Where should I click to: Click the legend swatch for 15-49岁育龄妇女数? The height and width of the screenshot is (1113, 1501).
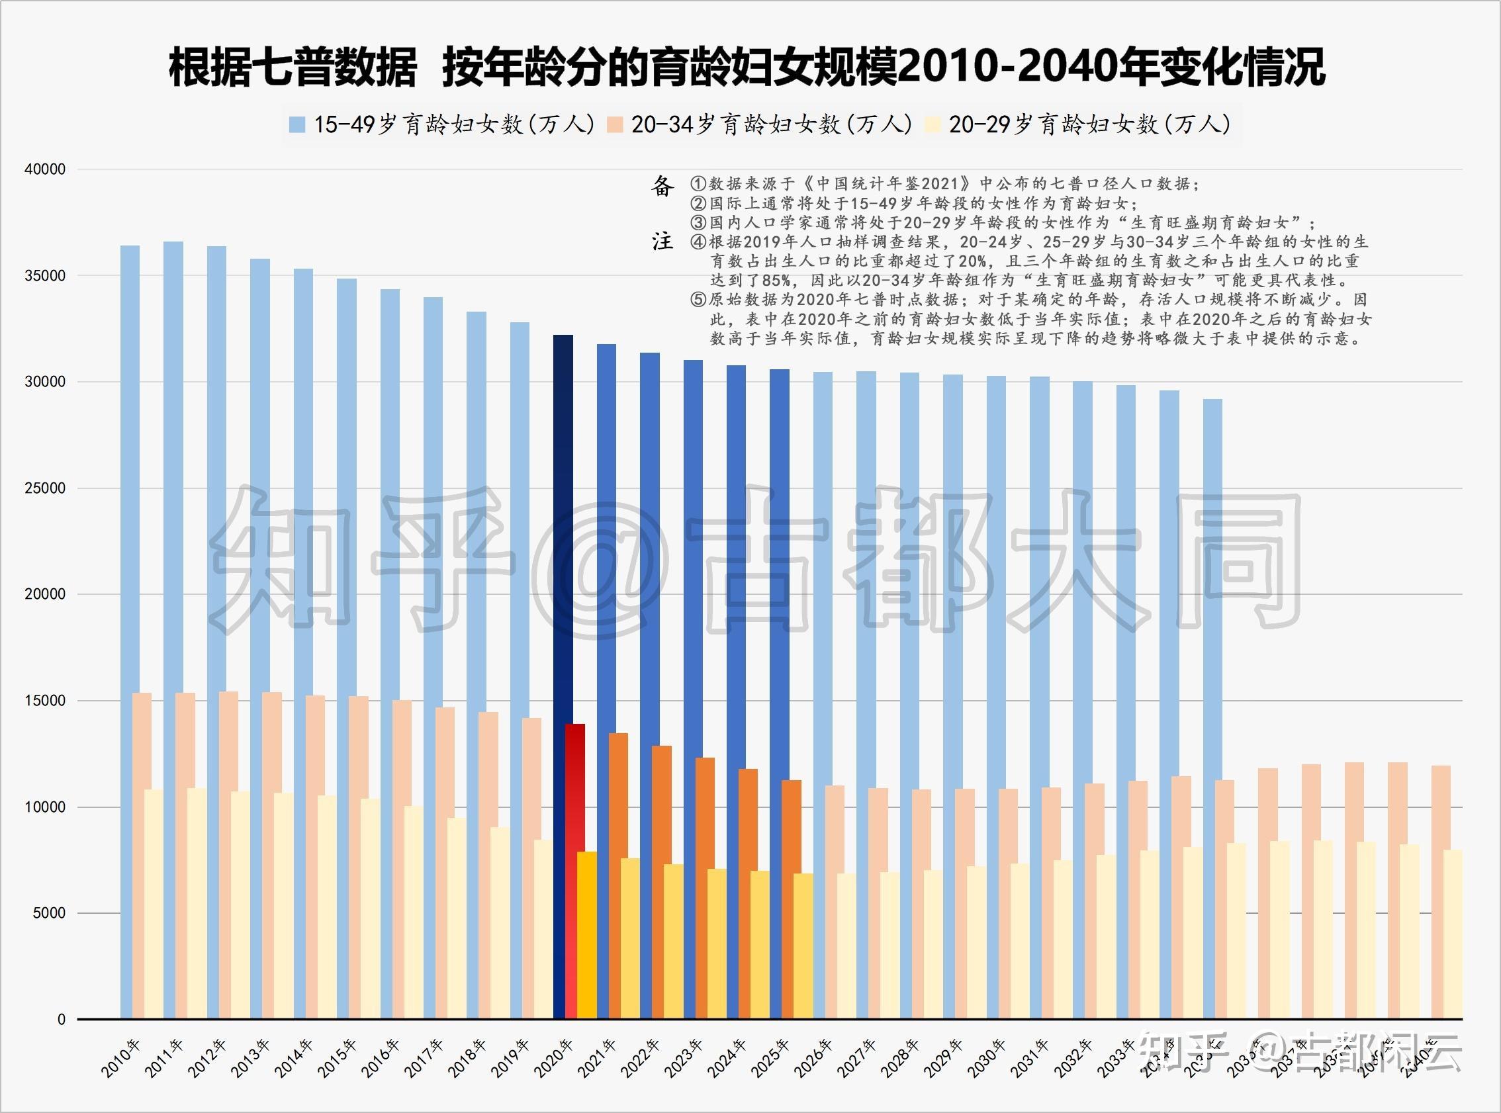(x=297, y=124)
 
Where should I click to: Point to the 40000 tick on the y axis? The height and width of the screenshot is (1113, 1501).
(x=45, y=169)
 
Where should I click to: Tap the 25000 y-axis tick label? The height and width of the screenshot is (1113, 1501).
(x=45, y=488)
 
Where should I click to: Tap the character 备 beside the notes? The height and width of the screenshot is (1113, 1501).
(x=662, y=186)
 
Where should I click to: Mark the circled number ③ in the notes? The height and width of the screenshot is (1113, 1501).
(x=698, y=222)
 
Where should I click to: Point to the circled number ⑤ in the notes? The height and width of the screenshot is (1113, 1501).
(x=698, y=300)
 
